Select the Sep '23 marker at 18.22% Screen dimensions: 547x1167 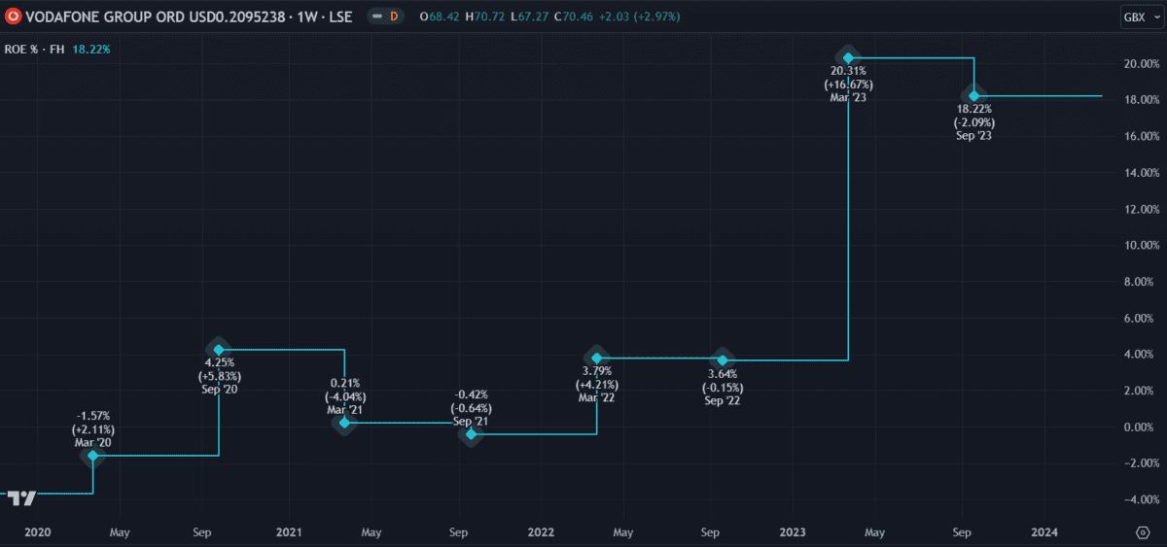point(973,95)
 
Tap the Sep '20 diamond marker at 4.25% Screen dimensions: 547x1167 point(219,349)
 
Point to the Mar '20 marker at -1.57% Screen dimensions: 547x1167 point(93,455)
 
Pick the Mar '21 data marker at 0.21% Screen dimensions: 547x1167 point(344,423)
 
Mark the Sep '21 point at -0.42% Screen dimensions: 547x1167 point(471,433)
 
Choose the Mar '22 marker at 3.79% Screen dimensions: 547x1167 point(596,358)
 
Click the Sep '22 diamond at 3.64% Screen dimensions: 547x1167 point(722,360)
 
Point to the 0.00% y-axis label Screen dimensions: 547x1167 point(1141,427)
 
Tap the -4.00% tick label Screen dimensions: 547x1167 point(1139,499)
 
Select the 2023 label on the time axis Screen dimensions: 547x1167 point(793,532)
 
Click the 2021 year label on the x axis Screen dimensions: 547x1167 point(289,532)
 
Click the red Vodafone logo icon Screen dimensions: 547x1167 point(14,17)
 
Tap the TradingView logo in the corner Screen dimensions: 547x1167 point(22,498)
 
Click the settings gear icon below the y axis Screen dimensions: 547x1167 point(1143,532)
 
